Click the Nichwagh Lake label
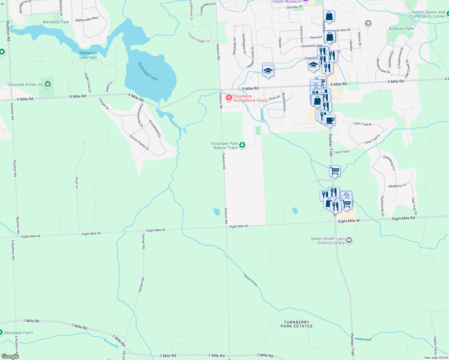point(148,71)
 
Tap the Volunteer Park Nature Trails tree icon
point(242,145)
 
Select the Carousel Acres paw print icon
point(48,84)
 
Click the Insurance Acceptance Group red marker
point(229,98)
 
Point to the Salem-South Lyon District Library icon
point(349,240)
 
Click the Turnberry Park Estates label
point(297,324)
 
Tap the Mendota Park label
point(56,22)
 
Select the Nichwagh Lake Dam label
point(88,55)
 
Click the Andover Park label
point(401,28)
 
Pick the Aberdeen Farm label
point(18,333)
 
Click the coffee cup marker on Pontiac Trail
point(330,121)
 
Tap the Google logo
point(10,356)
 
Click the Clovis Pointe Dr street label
point(139,142)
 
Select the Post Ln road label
point(77,183)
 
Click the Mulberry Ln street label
point(397,186)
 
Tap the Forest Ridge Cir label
point(199,38)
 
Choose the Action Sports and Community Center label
point(428,14)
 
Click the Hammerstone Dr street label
point(140,115)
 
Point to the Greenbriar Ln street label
point(389,163)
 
